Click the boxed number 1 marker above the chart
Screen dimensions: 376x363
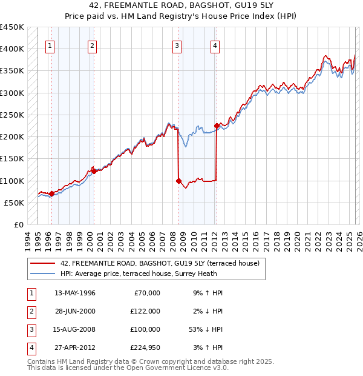pos(49,45)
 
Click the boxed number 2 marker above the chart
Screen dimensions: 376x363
pos(92,45)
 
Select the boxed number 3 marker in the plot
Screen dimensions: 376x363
pos(177,45)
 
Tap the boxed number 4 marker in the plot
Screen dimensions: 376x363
pos(215,45)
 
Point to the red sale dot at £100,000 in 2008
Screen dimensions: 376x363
pos(178,181)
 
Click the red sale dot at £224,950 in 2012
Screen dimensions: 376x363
pos(217,126)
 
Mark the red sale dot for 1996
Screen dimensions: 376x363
pos(51,194)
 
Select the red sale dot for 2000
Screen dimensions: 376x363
pos(94,171)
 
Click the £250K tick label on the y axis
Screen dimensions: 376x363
pos(11,115)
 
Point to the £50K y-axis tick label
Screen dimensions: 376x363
pos(14,203)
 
